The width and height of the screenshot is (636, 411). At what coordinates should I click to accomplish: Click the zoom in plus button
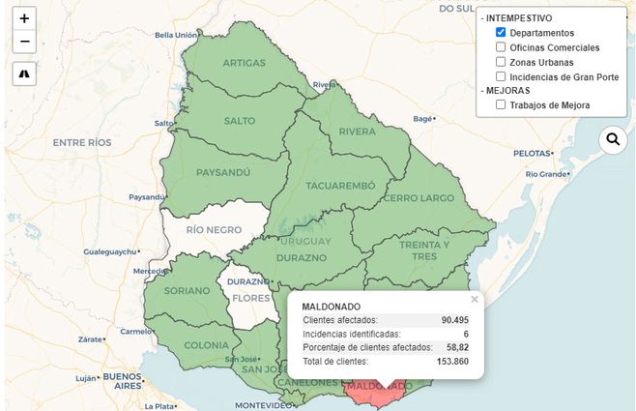coord(24,18)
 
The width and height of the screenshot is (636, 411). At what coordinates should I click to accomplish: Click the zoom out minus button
coord(24,42)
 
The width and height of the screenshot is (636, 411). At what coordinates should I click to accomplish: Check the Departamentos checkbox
coord(501,33)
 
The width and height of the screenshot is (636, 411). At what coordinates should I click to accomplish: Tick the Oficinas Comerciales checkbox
coord(501,47)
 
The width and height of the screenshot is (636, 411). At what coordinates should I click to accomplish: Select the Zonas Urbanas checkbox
coord(501,62)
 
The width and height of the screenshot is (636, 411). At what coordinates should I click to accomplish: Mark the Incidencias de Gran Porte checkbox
coord(501,76)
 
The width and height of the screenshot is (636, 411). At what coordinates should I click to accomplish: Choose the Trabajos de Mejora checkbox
coord(501,105)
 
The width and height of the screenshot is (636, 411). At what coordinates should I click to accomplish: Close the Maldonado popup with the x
coord(474,300)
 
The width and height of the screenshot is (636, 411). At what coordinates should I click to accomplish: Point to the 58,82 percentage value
coord(455,347)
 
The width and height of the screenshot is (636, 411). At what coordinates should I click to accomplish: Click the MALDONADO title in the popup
coord(331,307)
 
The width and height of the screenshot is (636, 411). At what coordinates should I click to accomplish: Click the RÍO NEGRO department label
coord(213,230)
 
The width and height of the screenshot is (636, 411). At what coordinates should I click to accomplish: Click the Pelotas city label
coord(531,153)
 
